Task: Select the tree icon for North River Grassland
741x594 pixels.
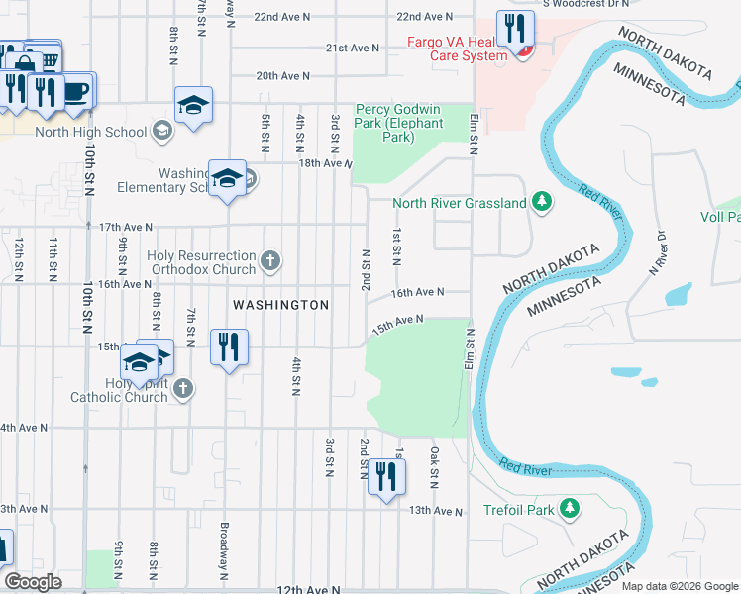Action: (x=541, y=203)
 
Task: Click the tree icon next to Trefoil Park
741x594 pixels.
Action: (x=569, y=509)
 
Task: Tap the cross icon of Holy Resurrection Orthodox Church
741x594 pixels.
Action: (x=269, y=262)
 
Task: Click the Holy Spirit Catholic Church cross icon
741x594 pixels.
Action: (x=182, y=390)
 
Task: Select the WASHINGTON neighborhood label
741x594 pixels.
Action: (x=280, y=305)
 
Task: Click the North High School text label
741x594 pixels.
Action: (x=90, y=131)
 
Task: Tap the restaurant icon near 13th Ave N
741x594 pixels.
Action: (x=385, y=477)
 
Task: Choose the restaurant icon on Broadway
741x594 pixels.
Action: (x=229, y=347)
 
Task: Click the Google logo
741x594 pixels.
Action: (x=34, y=582)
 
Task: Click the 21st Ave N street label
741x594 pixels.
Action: (x=353, y=48)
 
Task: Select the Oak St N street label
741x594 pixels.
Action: (x=434, y=465)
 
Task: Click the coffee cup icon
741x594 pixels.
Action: (x=75, y=91)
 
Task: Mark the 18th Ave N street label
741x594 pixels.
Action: (x=326, y=163)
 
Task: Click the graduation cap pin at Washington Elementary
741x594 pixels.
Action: (x=228, y=178)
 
